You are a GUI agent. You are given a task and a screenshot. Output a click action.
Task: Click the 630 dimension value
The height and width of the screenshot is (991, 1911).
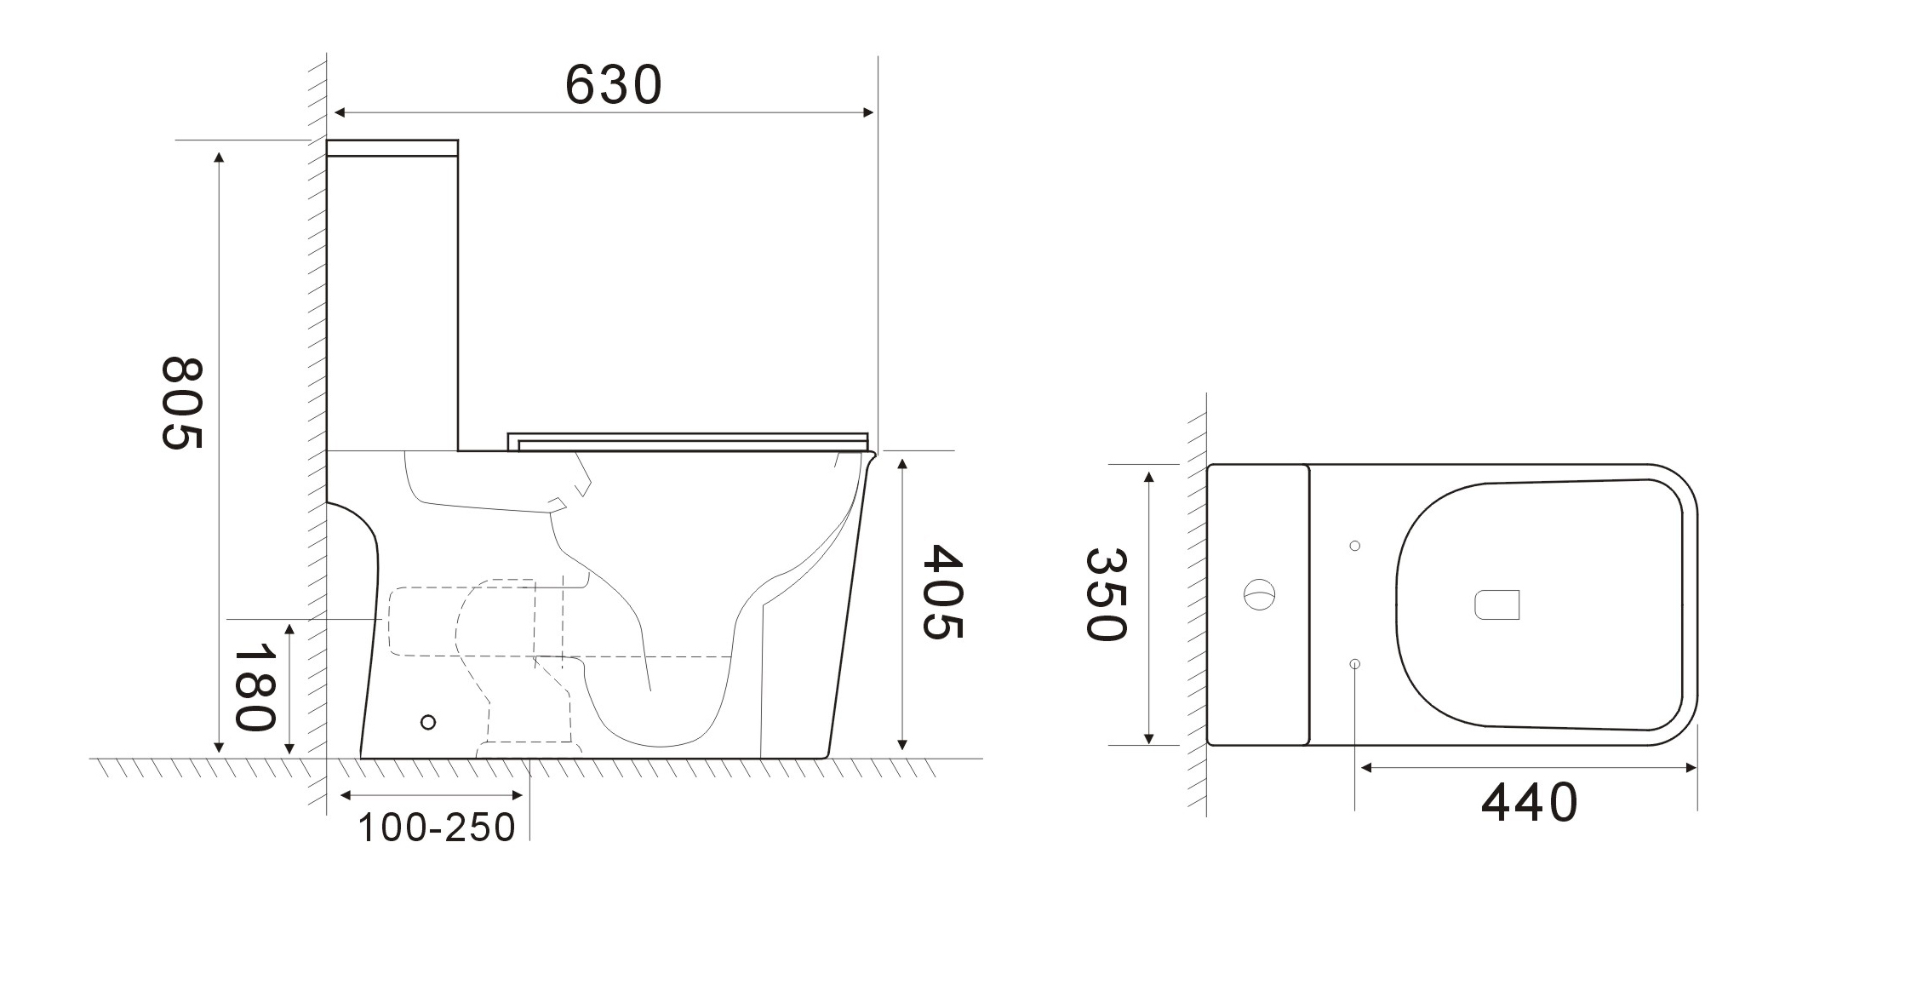613,84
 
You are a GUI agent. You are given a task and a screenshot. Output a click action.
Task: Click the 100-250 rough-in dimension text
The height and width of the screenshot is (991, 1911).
436,828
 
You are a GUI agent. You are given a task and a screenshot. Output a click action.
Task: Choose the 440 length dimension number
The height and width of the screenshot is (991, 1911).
1529,803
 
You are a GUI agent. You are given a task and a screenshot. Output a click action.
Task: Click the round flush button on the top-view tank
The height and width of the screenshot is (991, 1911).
1260,593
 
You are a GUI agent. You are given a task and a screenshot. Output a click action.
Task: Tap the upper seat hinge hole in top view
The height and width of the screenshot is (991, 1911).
1355,546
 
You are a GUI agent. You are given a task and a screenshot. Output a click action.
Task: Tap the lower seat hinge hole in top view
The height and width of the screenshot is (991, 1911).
1355,663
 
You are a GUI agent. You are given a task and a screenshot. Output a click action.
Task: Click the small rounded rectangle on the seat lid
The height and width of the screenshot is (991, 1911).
1496,604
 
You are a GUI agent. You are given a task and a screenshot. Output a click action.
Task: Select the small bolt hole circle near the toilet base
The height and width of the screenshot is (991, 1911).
428,722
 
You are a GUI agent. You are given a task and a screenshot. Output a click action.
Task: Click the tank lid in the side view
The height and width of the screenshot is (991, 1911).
392,148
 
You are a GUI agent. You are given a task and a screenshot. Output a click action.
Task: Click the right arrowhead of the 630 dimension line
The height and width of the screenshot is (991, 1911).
870,112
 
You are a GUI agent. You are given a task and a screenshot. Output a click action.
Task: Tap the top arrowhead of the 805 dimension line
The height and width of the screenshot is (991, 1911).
220,158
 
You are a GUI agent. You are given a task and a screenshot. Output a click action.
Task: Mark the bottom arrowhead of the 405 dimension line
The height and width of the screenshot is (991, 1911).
902,745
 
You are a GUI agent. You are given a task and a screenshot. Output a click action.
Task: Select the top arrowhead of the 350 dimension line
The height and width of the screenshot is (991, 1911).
1149,477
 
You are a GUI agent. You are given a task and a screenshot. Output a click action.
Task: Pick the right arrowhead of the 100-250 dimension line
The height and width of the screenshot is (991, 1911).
518,795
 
